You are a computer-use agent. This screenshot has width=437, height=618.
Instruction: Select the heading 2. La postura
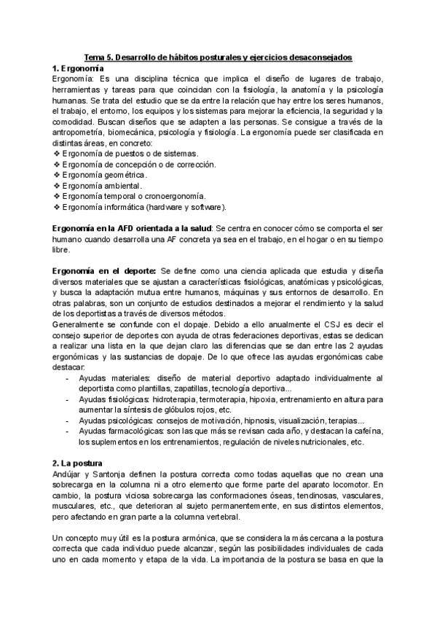coord(84,463)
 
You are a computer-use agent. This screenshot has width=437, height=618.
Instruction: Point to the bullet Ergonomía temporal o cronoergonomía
coord(134,196)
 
